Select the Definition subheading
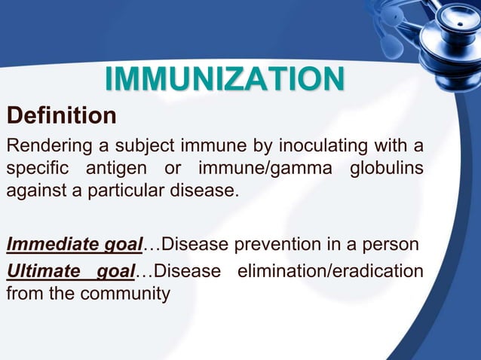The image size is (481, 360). pyautogui.click(x=61, y=117)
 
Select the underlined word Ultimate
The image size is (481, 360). pyautogui.click(x=42, y=270)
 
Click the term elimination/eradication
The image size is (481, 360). pyautogui.click(x=330, y=270)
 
